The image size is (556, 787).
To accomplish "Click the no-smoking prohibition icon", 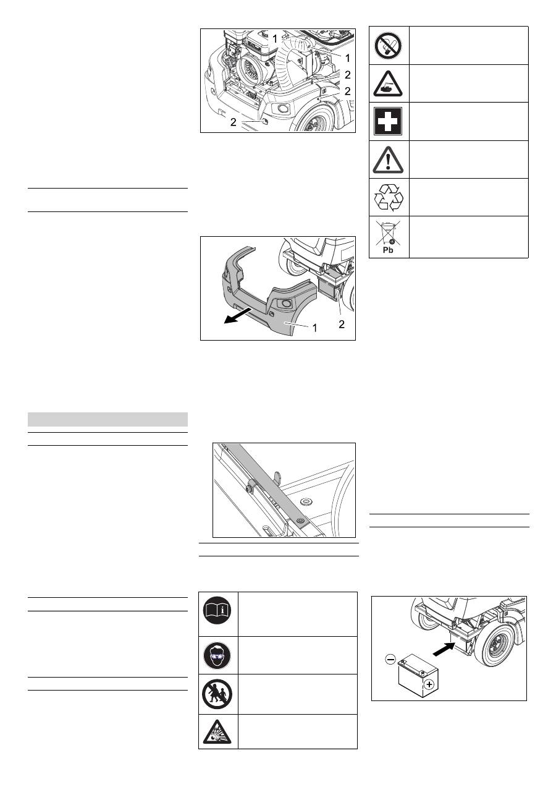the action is pos(388,46).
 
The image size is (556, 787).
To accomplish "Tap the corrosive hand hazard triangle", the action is pos(388,84).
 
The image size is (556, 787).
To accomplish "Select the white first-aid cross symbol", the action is pos(388,122).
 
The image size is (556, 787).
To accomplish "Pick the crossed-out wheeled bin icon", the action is pos(388,232).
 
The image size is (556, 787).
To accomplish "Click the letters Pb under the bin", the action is pos(388,250).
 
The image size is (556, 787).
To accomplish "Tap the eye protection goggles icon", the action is pos(217,655).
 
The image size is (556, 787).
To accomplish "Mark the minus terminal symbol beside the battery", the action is pos(390,659).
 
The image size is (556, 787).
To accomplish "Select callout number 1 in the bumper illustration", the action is pos(314,328).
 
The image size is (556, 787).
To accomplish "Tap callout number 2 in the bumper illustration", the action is pos(342,324).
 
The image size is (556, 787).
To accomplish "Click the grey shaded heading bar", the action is pos(107,419).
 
